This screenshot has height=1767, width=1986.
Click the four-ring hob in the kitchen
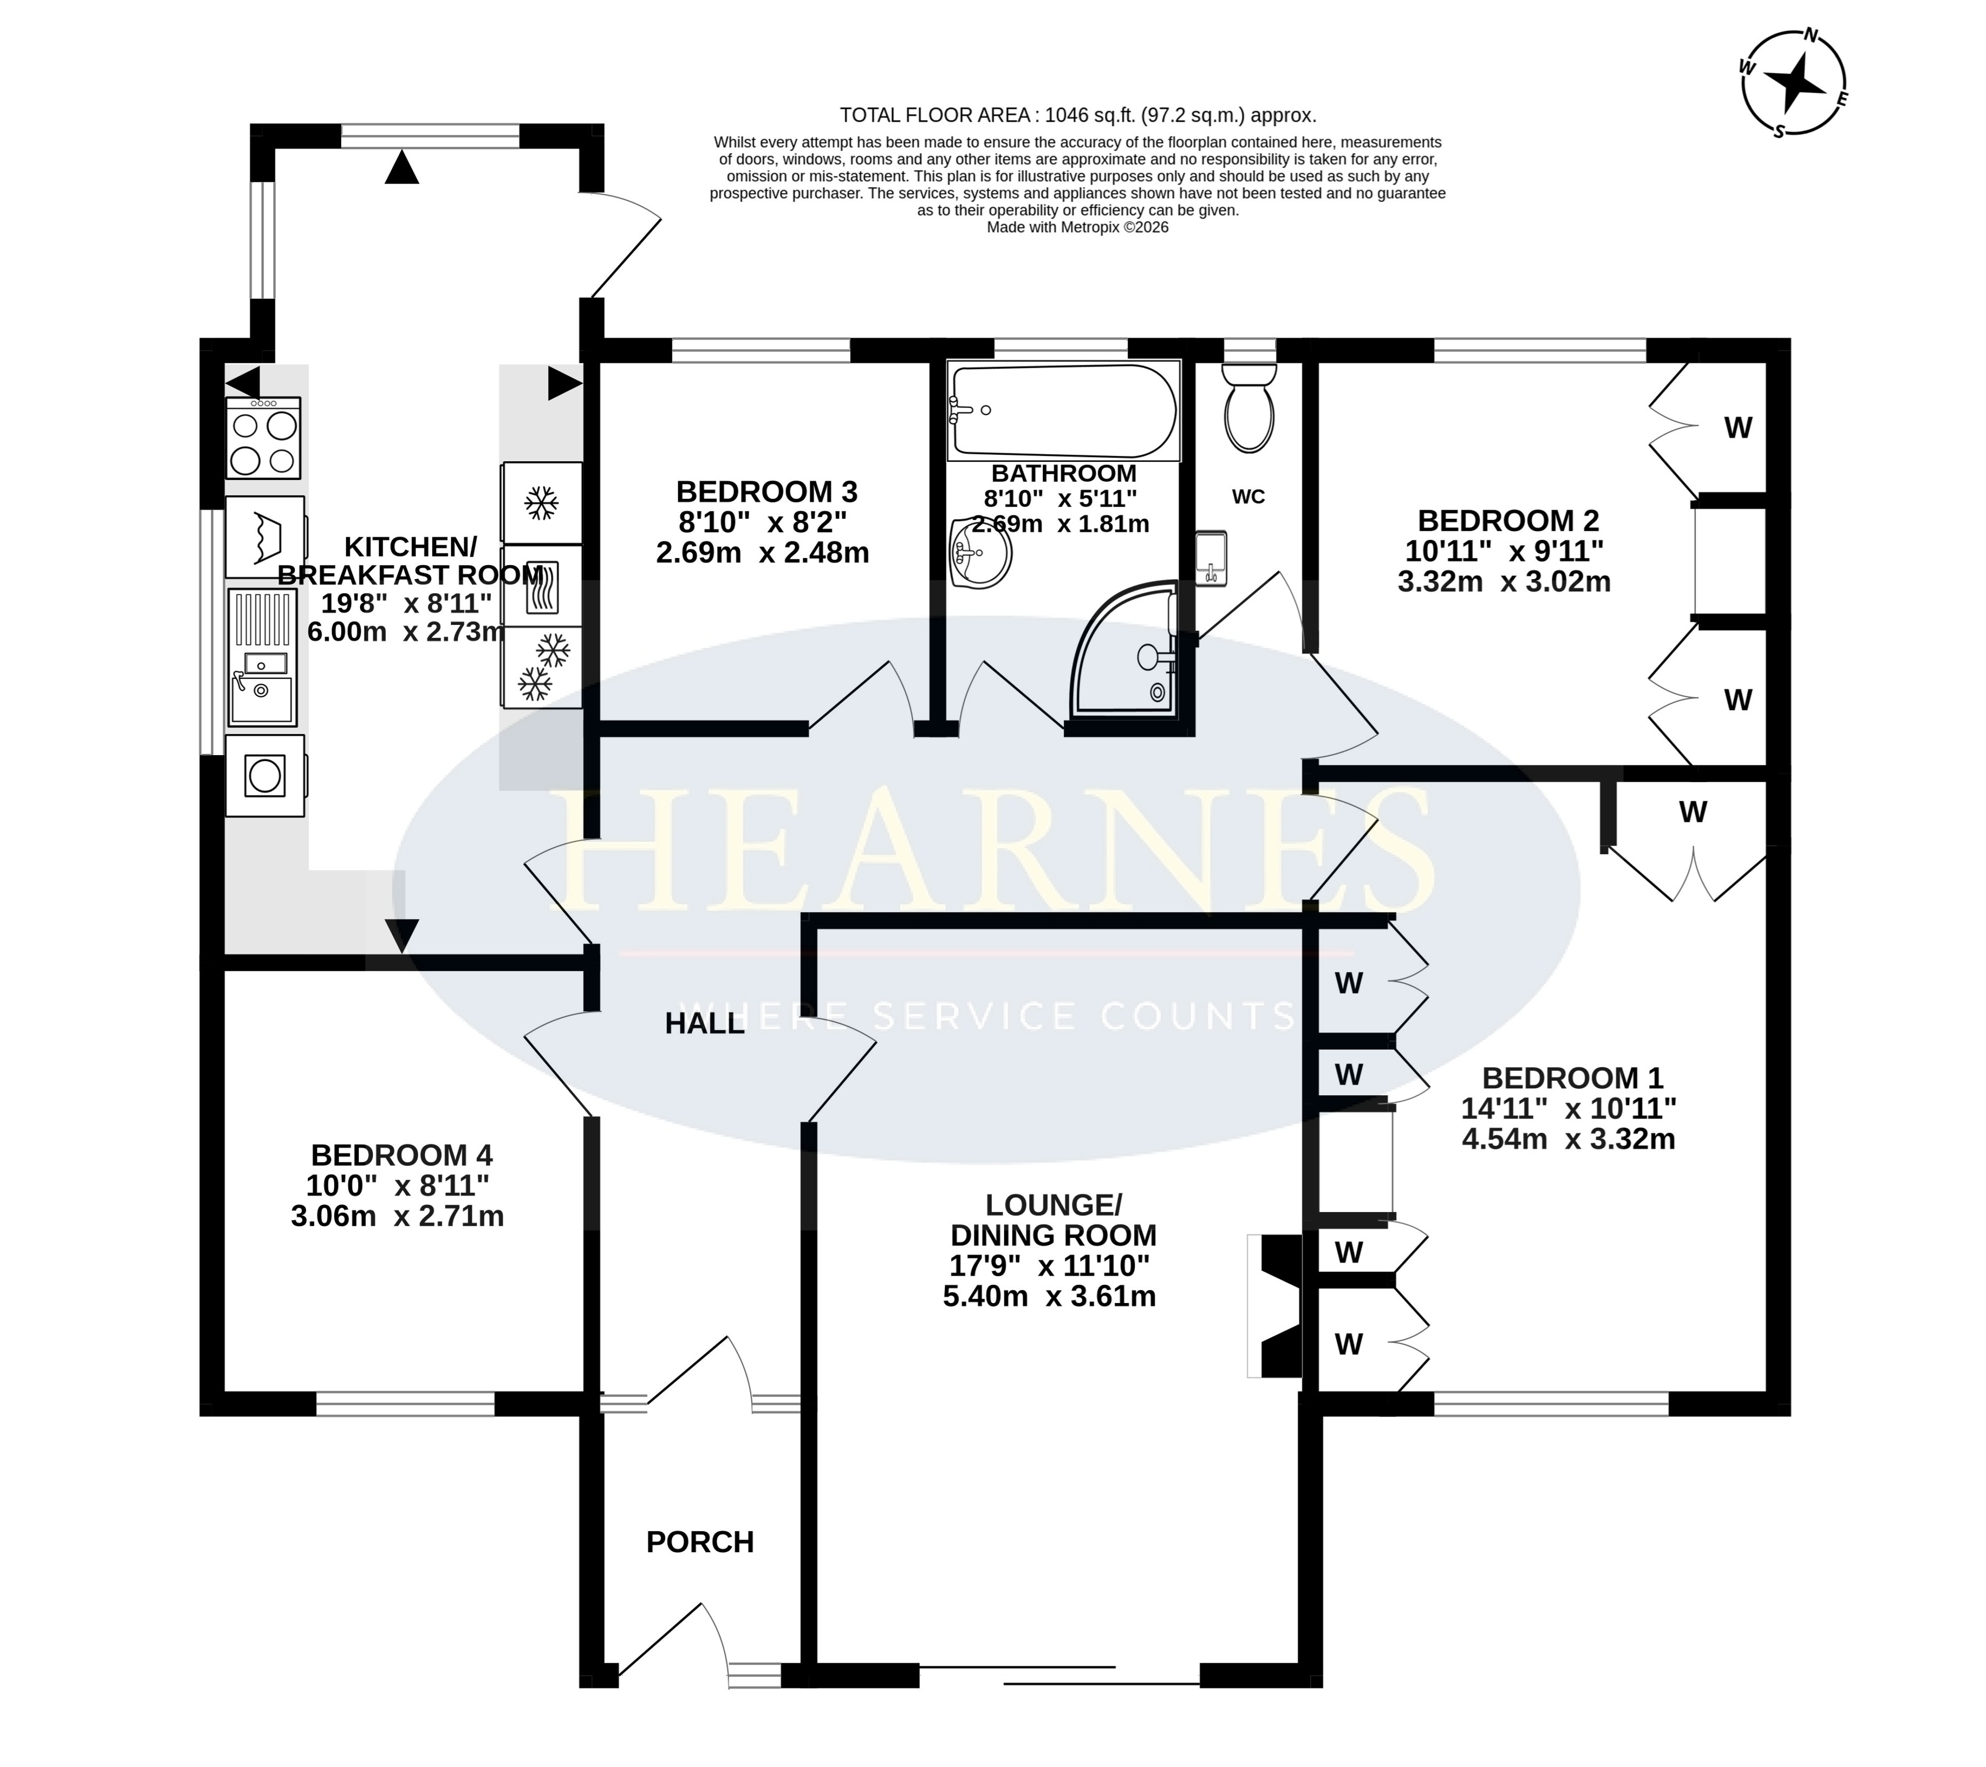pyautogui.click(x=263, y=438)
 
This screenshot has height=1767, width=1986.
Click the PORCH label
pyautogui.click(x=699, y=1543)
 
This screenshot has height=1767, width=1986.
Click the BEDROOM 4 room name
pyautogui.click(x=401, y=1156)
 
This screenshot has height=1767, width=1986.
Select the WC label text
pyautogui.click(x=1248, y=497)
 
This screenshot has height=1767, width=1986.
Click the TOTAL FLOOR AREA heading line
pyautogui.click(x=1078, y=116)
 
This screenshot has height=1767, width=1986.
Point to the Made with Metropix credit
pyautogui.click(x=1078, y=228)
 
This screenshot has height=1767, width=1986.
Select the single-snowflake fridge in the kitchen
pyautogui.click(x=541, y=503)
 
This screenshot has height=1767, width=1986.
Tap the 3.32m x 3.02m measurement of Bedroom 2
pyautogui.click(x=1504, y=582)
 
